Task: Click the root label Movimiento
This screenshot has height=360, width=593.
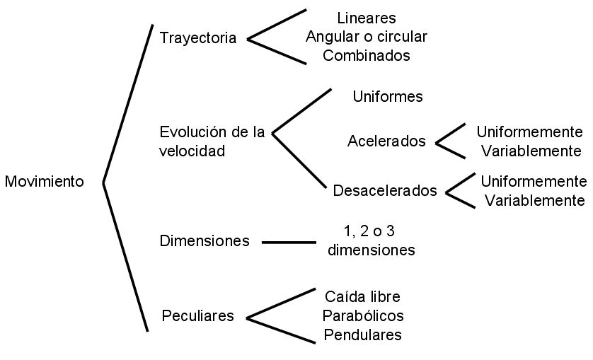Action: [44, 182]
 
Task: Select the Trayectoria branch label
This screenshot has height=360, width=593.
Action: [198, 38]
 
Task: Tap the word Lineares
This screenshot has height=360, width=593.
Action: [367, 18]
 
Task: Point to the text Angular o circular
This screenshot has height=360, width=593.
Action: [367, 37]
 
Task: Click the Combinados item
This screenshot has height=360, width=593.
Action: [367, 56]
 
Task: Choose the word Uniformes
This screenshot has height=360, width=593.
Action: [388, 97]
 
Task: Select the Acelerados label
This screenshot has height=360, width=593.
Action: [386, 141]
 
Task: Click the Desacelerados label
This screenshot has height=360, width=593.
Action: [385, 191]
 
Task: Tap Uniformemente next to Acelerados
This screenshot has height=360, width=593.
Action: [529, 132]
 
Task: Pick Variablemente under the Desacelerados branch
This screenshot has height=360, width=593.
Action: [534, 200]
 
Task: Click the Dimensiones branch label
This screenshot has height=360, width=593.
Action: [205, 241]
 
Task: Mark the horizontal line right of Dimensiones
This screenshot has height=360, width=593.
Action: [289, 242]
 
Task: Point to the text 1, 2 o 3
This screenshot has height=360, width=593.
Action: [374, 231]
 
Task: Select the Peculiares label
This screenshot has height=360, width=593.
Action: [197, 316]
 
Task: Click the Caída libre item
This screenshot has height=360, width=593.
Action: [362, 296]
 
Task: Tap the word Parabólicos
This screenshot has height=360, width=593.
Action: [363, 315]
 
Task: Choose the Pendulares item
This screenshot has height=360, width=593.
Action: [363, 335]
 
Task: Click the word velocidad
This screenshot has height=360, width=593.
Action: [192, 151]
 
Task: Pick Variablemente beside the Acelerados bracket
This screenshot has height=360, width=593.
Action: [529, 151]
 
